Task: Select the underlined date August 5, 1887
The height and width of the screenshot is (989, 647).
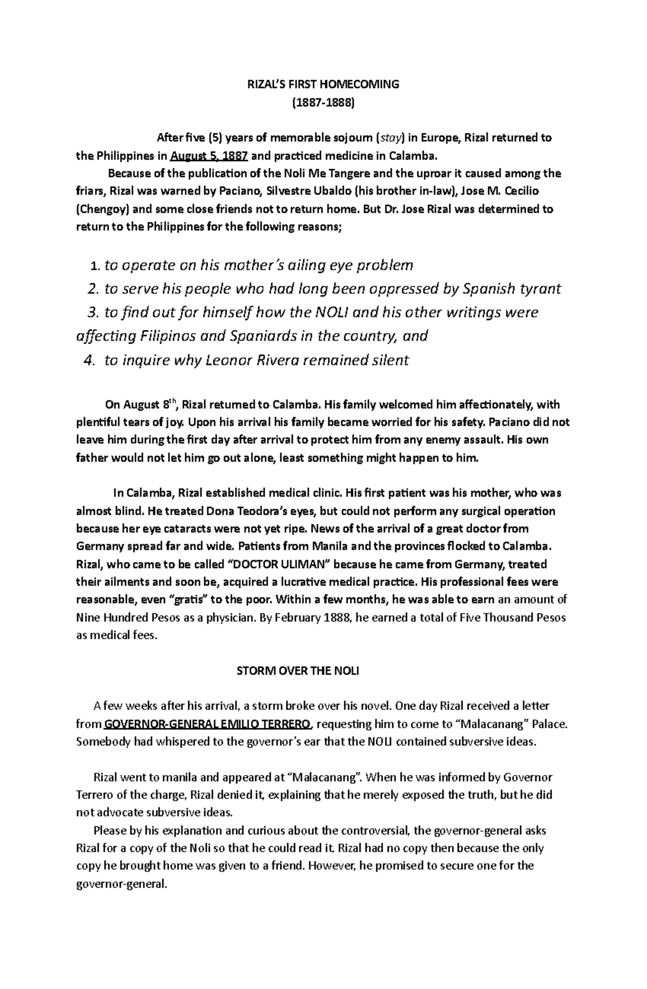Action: [209, 156]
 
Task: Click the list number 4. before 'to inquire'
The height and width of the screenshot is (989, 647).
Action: [90, 361]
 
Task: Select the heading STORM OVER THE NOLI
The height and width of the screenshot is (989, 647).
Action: [298, 671]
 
